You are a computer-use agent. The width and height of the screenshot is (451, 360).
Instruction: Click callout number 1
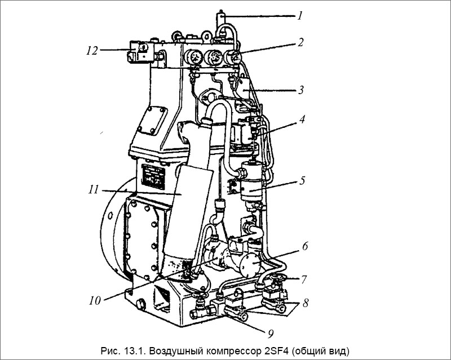[x=300, y=16]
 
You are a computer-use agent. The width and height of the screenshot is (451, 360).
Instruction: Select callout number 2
[x=300, y=43]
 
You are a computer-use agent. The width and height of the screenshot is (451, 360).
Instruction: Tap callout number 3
[x=300, y=90]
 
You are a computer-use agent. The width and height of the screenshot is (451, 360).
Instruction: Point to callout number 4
[x=302, y=119]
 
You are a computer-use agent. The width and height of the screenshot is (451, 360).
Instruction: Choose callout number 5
[x=302, y=181]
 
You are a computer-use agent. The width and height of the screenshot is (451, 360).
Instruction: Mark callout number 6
[x=305, y=246]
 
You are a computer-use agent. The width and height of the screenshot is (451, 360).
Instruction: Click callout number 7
[x=304, y=279]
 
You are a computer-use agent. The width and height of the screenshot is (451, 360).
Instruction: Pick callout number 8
[x=306, y=303]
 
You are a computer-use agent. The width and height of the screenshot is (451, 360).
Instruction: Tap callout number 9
[x=271, y=334]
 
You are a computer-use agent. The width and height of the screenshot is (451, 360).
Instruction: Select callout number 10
[x=95, y=301]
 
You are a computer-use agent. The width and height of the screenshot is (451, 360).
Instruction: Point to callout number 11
[x=94, y=190]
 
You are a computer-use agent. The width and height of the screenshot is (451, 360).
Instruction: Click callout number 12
[x=92, y=51]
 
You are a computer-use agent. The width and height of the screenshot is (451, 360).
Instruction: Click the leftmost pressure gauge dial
[x=193, y=57]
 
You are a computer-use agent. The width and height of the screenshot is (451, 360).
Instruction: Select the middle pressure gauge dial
[x=213, y=57]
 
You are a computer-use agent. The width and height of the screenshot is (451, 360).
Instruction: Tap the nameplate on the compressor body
[x=154, y=177]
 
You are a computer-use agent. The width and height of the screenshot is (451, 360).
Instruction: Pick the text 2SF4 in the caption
[x=276, y=351]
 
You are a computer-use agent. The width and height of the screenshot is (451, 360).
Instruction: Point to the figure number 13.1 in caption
[x=134, y=351]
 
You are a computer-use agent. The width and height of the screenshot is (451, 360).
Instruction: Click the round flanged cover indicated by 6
[x=251, y=264]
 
